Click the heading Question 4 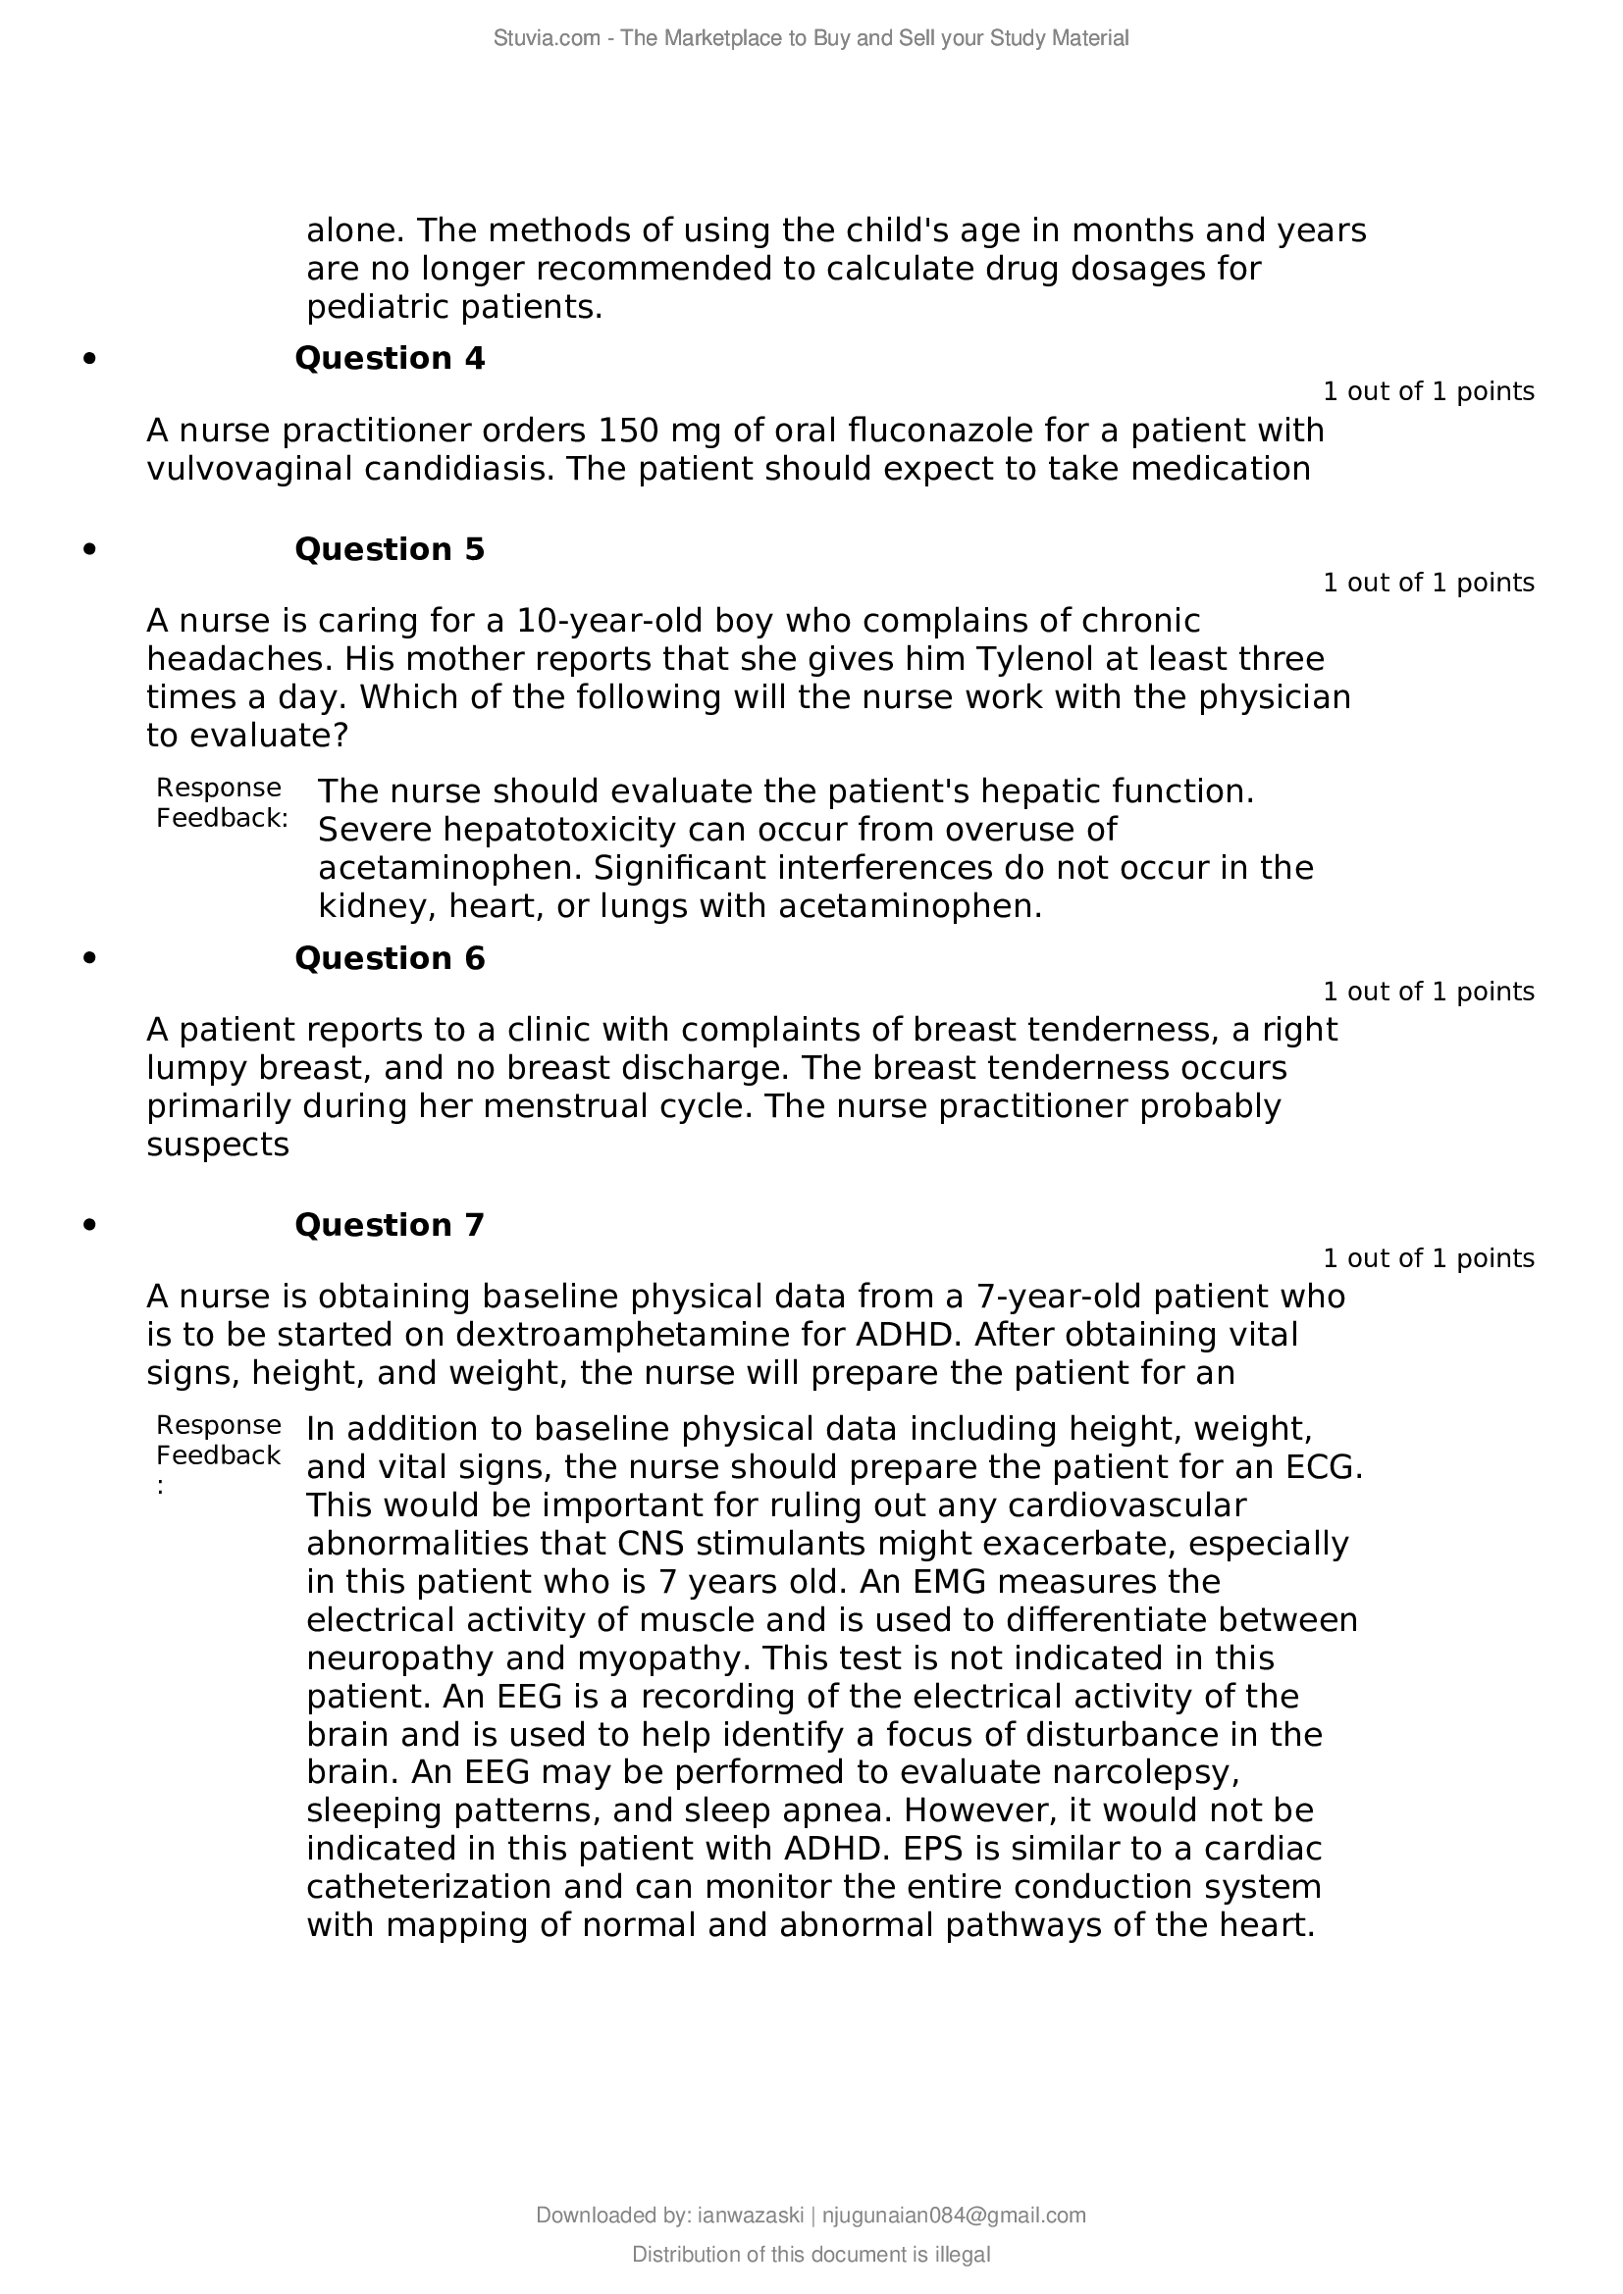[x=389, y=359]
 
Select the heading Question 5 [x=389, y=549]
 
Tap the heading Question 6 [x=389, y=958]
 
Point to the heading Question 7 [x=389, y=1225]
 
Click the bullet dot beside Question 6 [x=90, y=958]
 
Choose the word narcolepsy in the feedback [x=1145, y=1771]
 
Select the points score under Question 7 [x=1428, y=1258]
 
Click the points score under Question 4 [x=1428, y=391]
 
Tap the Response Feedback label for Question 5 [x=221, y=803]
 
